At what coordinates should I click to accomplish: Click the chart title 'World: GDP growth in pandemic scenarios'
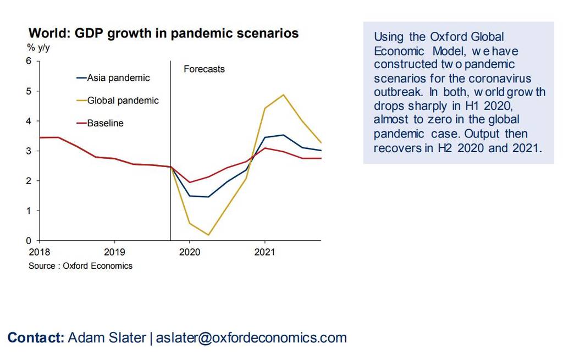pyautogui.click(x=163, y=34)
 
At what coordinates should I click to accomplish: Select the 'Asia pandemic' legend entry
pyautogui.click(x=118, y=78)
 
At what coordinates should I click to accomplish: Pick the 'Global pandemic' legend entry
pyautogui.click(x=123, y=101)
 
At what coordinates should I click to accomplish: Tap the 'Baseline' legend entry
pyautogui.click(x=105, y=123)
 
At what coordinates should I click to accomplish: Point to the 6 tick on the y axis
pyautogui.click(x=29, y=60)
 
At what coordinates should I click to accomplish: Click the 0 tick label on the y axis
pyautogui.click(x=29, y=241)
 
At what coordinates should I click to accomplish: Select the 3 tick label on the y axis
pyautogui.click(x=29, y=151)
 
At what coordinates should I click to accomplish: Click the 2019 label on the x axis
pyautogui.click(x=114, y=253)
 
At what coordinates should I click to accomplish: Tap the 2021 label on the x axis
pyautogui.click(x=264, y=253)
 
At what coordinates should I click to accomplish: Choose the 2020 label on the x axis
pyautogui.click(x=190, y=253)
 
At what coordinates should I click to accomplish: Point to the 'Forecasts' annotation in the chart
pyautogui.click(x=204, y=69)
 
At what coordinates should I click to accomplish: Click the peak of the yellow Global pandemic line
pyautogui.click(x=283, y=95)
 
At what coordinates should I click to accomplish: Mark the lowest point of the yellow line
pyautogui.click(x=208, y=235)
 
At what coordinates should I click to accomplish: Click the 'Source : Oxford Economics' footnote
pyautogui.click(x=80, y=266)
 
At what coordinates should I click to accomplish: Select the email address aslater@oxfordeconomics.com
pyautogui.click(x=251, y=337)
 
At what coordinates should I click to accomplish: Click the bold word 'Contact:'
pyautogui.click(x=36, y=337)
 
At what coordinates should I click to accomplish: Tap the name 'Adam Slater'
pyautogui.click(x=107, y=337)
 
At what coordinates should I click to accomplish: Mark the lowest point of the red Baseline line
pyautogui.click(x=190, y=182)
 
